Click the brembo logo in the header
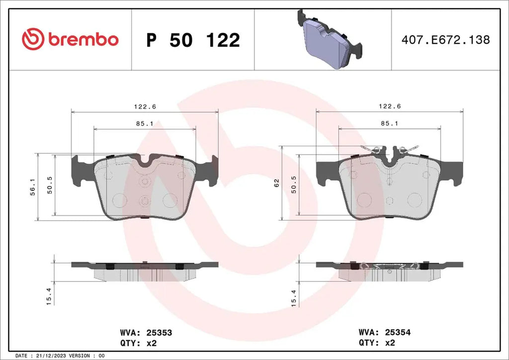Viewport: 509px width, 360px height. (70, 39)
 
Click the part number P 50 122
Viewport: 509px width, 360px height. (193, 40)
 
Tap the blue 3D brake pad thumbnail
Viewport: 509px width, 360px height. (330, 40)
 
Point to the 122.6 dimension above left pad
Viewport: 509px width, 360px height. (145, 106)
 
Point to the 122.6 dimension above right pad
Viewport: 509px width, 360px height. (390, 106)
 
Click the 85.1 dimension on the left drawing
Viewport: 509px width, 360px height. (145, 124)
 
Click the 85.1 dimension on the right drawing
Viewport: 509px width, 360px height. (390, 123)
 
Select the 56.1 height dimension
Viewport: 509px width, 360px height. (33, 186)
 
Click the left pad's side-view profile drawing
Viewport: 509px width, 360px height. (145, 271)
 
